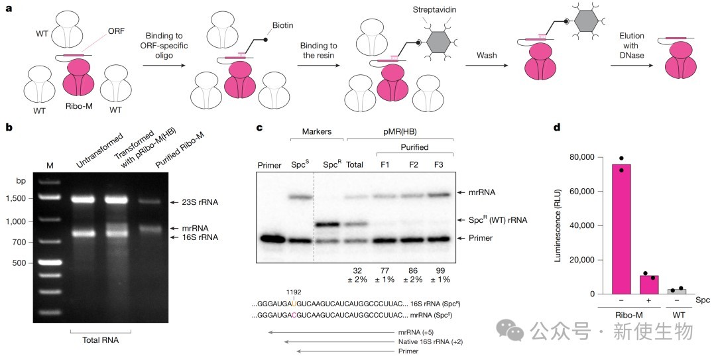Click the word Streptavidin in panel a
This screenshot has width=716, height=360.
434,9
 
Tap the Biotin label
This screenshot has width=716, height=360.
283,25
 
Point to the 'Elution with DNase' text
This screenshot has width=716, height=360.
632,45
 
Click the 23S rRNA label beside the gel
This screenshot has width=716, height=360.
200,202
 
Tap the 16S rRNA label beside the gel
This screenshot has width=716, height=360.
200,237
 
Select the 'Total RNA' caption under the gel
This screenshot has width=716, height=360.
101,340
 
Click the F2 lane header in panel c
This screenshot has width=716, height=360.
413,165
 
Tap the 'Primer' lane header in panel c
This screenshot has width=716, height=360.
269,165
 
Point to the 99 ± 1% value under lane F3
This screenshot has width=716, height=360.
439,275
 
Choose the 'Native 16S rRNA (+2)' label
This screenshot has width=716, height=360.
431,341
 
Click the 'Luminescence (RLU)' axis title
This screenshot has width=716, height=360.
558,226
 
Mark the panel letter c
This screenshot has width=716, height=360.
259,127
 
